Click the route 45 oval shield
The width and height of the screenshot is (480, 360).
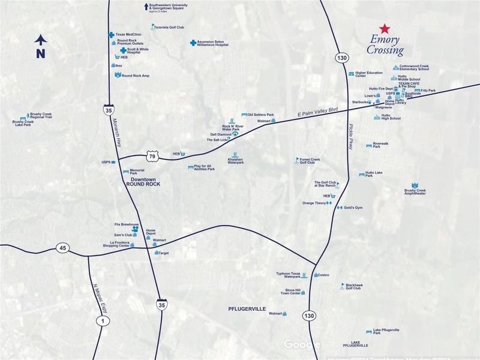62,247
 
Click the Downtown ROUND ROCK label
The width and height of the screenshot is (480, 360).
143,182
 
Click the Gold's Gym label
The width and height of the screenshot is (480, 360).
353,208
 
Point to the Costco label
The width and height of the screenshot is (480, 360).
323,275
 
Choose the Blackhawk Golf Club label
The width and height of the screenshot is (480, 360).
353,286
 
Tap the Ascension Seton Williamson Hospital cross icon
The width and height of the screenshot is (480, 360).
193,43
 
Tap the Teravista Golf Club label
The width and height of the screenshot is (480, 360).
169,27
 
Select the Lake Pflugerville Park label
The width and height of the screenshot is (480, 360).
386,331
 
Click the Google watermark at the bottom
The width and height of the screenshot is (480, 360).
302,344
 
